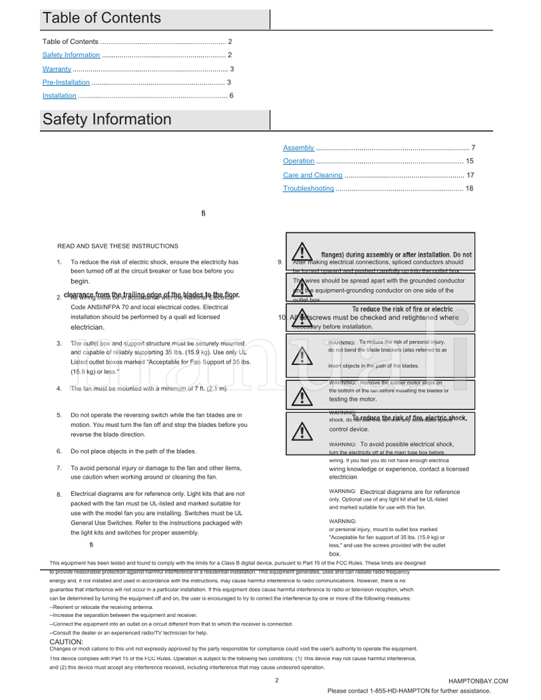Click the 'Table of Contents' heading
click(x=101, y=18)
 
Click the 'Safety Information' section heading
click(x=107, y=120)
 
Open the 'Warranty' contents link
click(x=57, y=69)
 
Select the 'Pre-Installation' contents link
click(x=66, y=82)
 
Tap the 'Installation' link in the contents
click(x=60, y=96)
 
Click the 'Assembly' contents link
click(x=298, y=148)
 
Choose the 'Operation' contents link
click(x=298, y=161)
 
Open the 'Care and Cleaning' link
click(x=312, y=175)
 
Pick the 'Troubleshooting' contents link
click(x=308, y=189)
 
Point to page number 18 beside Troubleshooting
click(x=469, y=189)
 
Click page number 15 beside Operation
click(x=469, y=161)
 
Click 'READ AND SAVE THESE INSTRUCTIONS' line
click(x=118, y=246)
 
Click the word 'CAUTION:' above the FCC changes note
click(x=66, y=641)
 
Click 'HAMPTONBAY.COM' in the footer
click(x=477, y=681)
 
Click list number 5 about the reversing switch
click(x=59, y=415)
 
